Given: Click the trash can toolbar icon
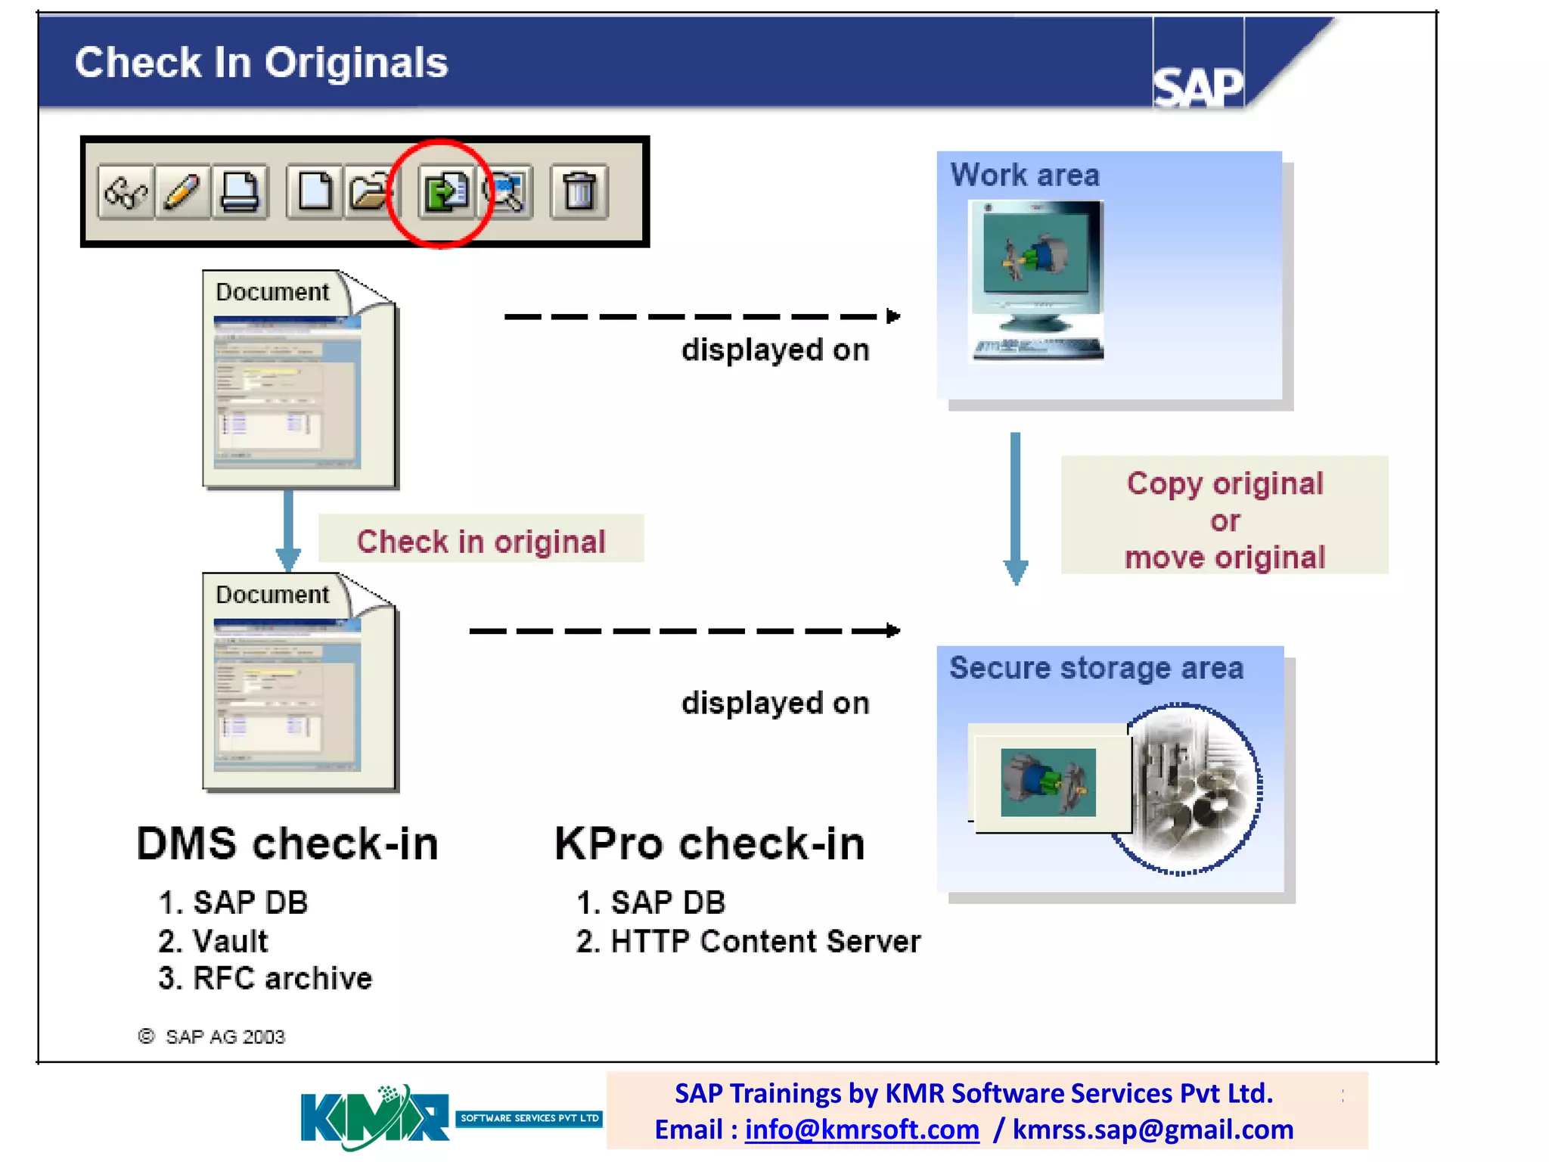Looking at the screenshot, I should pos(579,192).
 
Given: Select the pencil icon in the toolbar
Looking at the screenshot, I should pos(182,192).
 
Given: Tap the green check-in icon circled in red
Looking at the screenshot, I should pos(445,192).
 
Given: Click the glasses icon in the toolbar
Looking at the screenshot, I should pos(126,192).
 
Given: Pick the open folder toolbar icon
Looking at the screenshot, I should pos(370,192).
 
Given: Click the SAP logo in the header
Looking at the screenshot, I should pos(1197,85).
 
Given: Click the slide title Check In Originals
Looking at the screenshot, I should pos(261,62).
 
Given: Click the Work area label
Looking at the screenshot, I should pos(1025,176).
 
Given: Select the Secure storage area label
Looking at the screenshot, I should pos(1096,669).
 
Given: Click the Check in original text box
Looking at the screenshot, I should pos(481,540).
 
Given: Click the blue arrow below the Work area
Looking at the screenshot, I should pos(1015,507).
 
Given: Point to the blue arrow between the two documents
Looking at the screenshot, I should pos(288,530).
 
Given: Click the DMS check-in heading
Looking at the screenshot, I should pos(287,844).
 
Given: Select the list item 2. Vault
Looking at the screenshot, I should pos(213,941).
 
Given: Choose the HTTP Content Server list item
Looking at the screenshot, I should pos(748,941).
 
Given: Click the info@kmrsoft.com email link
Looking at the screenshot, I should pos(861,1129).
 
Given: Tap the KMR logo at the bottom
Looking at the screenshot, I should pos(375,1117).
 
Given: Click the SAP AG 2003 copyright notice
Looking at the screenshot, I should pos(212,1036).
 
